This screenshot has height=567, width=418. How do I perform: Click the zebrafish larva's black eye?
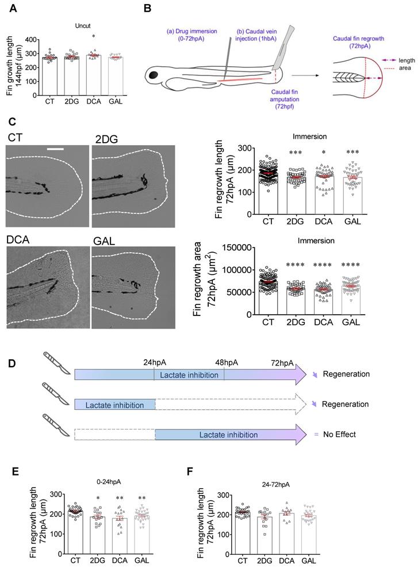[x=155, y=74]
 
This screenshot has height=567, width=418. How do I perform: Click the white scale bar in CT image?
[x=55, y=150]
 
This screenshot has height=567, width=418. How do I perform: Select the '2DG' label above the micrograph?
[x=105, y=137]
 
